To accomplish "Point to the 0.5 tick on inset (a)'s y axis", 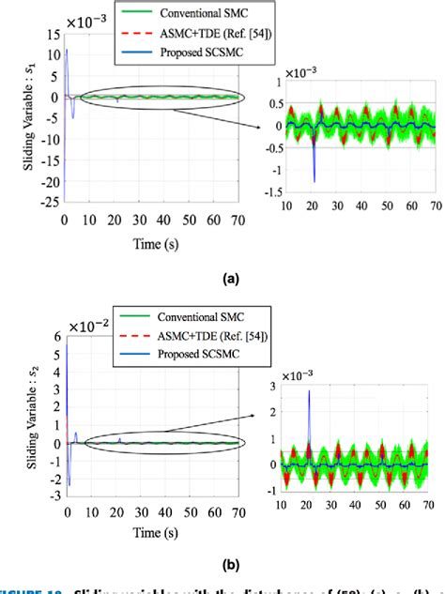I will click(275, 104).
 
